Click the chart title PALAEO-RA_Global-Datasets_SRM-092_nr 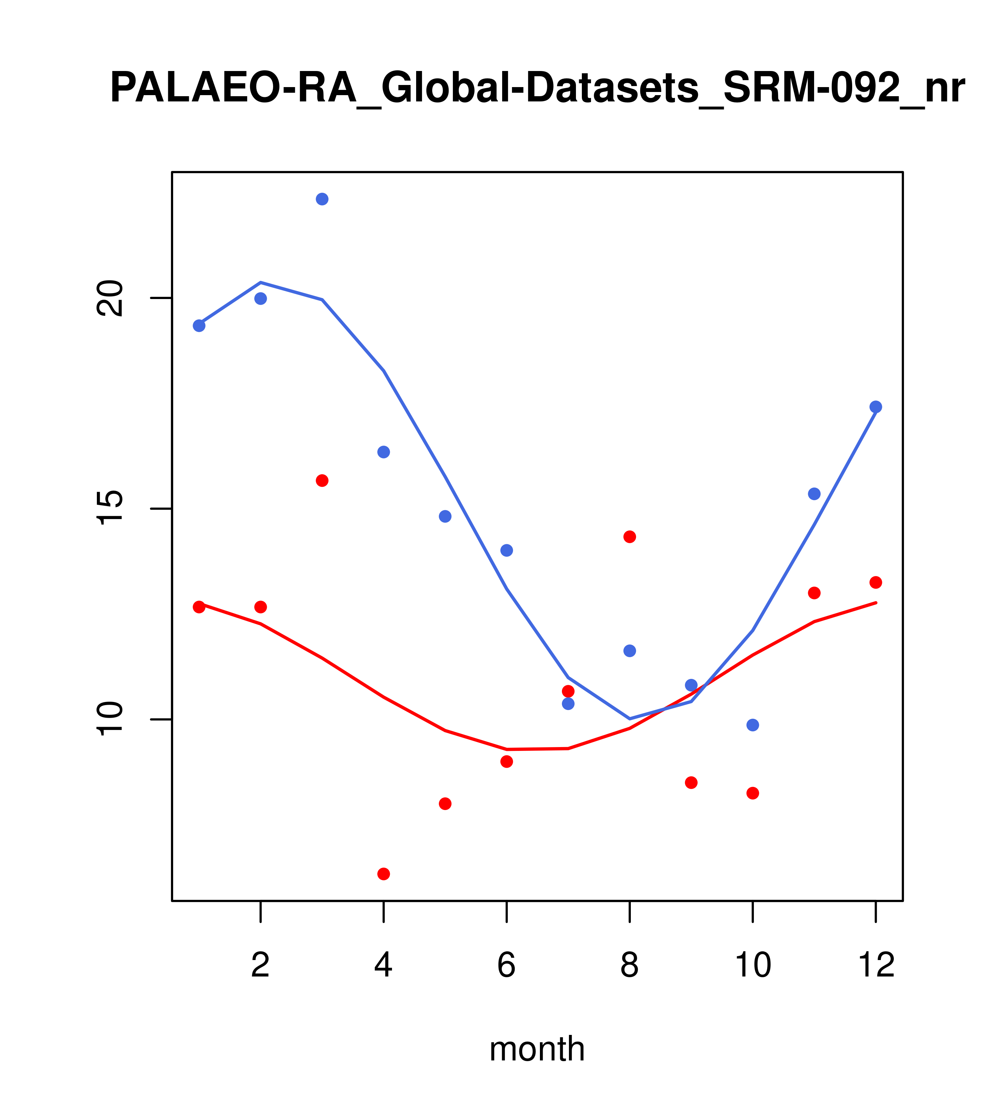(537, 88)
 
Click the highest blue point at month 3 (322, 199)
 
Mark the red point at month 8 (630, 537)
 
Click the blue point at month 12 (876, 407)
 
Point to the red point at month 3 (322, 481)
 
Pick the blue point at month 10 (753, 725)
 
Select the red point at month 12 (876, 583)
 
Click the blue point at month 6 (507, 551)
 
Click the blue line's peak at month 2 (261, 283)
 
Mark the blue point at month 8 (630, 651)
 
